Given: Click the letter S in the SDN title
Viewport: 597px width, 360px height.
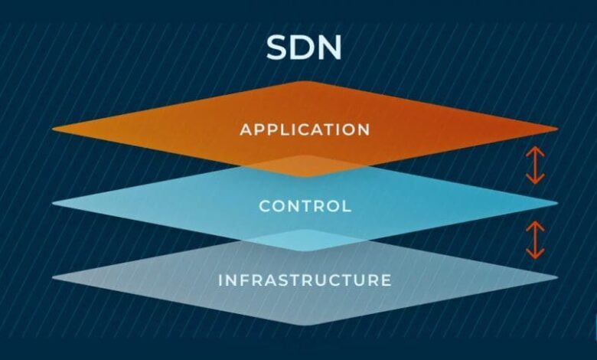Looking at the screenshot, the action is click(x=279, y=48).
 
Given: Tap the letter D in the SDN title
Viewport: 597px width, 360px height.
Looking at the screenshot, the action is click(x=304, y=48).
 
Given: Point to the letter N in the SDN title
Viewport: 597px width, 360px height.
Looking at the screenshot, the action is click(x=330, y=48).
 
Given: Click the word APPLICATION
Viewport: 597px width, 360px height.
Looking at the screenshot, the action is click(x=305, y=129).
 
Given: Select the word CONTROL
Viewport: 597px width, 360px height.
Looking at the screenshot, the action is click(x=305, y=206).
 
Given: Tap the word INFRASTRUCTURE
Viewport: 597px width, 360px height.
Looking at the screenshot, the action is click(x=305, y=280).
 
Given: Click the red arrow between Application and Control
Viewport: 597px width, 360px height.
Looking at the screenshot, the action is click(x=535, y=165).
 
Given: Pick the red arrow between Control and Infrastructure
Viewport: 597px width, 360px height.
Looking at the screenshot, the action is click(x=535, y=240).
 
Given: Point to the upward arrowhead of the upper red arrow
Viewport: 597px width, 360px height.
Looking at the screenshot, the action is click(x=535, y=152).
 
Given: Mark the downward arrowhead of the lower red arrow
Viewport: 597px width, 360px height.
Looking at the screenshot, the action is click(x=535, y=254).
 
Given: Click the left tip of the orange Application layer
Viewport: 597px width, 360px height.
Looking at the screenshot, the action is click(x=53, y=129).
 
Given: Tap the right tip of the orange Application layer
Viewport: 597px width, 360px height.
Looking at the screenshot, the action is click(x=557, y=129).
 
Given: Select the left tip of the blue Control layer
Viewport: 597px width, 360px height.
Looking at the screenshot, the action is click(x=53, y=204).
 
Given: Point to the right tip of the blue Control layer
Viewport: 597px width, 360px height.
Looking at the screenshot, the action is click(x=557, y=203).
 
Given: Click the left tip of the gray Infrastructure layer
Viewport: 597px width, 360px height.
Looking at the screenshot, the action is click(x=53, y=278).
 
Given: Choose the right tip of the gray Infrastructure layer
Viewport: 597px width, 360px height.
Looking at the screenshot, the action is click(x=557, y=277).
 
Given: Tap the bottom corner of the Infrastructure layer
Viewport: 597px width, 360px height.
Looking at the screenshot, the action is click(x=305, y=325).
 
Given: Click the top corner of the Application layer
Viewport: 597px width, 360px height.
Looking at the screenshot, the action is click(x=305, y=81).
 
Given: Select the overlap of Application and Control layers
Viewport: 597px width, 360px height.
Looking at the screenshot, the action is click(x=305, y=166).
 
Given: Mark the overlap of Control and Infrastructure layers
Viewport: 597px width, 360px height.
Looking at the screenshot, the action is click(x=305, y=241).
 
